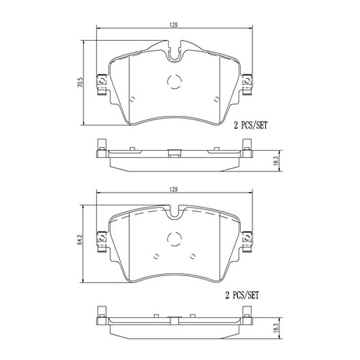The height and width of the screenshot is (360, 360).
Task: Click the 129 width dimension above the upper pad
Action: [x=173, y=25]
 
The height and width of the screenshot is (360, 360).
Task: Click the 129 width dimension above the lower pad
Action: [x=173, y=189]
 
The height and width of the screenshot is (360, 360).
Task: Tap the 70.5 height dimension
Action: [x=81, y=82]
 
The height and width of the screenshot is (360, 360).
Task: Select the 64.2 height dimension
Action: [x=80, y=239]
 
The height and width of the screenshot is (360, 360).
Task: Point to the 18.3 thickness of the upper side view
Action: [x=276, y=161]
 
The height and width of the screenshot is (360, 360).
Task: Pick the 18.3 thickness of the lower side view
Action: [x=276, y=328]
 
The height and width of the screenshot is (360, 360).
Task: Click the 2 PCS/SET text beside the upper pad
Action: [x=251, y=125]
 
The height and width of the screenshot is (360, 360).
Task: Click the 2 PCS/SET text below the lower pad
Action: [x=242, y=295]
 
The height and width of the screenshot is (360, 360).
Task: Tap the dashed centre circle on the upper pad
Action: [x=175, y=81]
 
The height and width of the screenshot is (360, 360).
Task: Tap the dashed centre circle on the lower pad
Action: [x=175, y=239]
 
